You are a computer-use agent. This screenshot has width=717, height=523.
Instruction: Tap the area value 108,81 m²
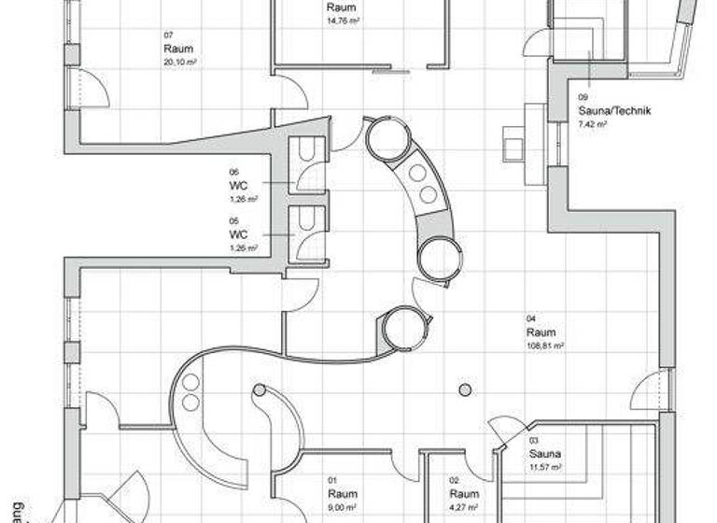[x=545, y=346]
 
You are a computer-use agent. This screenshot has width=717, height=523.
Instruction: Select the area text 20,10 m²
[x=180, y=62]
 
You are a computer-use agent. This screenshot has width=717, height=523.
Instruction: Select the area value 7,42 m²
[x=593, y=123]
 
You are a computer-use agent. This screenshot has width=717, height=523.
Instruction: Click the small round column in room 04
[x=465, y=389]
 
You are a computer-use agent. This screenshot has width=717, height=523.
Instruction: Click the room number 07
[x=168, y=35]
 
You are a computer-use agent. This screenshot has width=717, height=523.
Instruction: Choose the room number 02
[x=455, y=480]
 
